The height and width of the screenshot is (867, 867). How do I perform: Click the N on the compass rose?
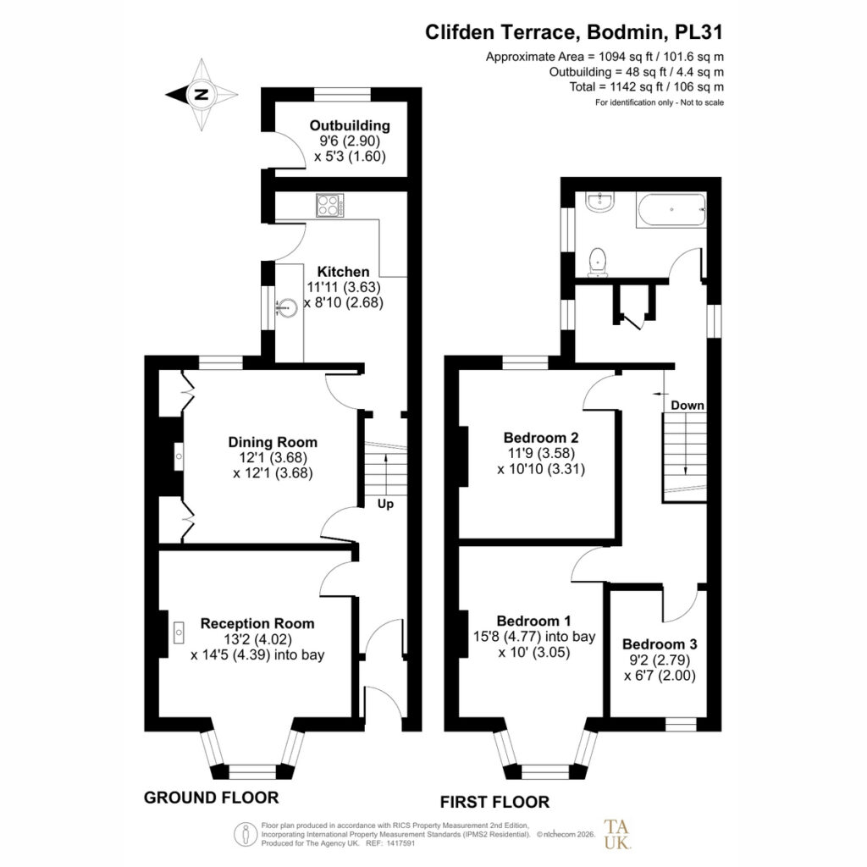click(x=202, y=94)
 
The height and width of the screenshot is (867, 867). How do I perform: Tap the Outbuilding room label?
click(x=350, y=125)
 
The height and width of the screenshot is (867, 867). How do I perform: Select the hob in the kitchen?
click(x=330, y=205)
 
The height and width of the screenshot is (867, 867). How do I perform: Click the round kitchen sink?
click(x=288, y=306)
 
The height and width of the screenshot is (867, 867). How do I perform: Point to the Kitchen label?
click(x=344, y=272)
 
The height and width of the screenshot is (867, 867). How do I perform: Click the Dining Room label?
click(x=273, y=442)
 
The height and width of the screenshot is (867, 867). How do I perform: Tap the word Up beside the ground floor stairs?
click(x=385, y=504)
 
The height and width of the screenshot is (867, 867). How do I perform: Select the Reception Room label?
click(x=257, y=623)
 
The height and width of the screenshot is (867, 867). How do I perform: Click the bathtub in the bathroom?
click(x=671, y=209)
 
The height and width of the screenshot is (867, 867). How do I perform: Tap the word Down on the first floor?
click(x=688, y=406)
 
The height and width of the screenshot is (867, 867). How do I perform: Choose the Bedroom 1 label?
click(x=533, y=621)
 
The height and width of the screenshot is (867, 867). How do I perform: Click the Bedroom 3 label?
click(x=660, y=643)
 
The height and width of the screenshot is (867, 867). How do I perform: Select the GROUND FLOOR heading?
click(x=211, y=798)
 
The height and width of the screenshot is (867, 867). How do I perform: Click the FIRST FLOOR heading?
click(x=494, y=801)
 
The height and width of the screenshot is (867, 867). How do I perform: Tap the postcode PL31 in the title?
click(x=699, y=32)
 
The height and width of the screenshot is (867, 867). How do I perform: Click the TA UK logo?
click(x=616, y=834)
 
